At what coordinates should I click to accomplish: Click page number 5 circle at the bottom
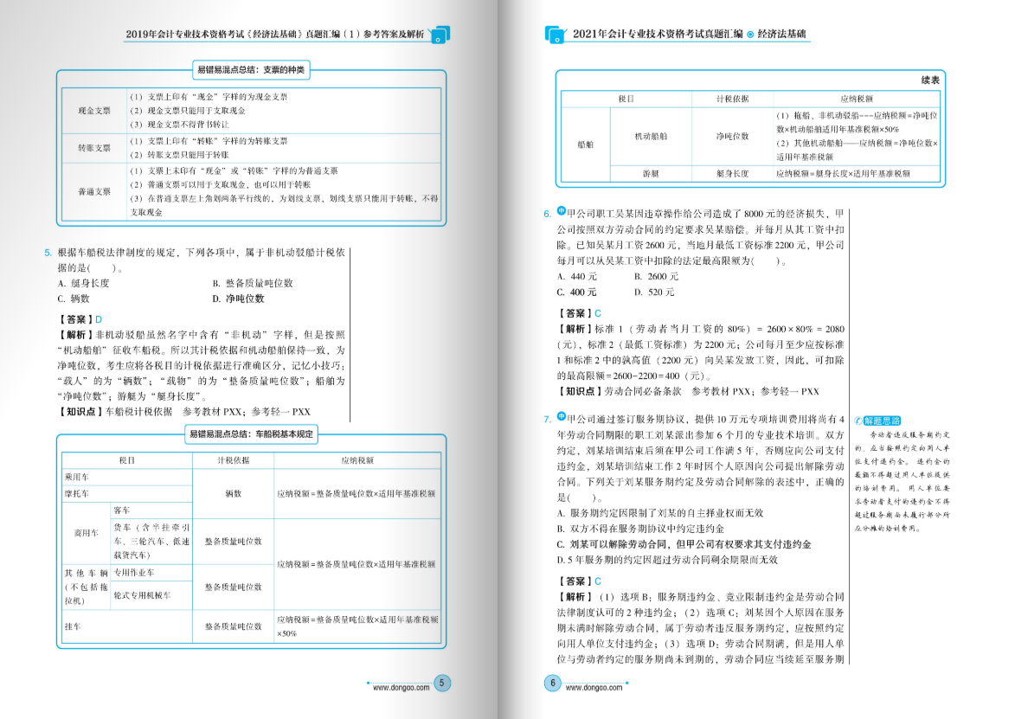442,684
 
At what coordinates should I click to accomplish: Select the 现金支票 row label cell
93,111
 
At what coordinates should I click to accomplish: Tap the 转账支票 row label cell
93,148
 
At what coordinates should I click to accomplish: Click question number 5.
48,253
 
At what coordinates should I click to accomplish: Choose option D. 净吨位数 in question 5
238,299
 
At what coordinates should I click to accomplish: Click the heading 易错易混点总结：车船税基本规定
252,433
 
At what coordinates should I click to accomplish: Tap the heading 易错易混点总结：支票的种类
251,69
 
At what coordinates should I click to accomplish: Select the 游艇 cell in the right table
651,174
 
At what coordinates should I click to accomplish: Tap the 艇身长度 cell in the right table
732,174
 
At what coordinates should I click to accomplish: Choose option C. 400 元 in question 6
576,292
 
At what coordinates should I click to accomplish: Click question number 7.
547,420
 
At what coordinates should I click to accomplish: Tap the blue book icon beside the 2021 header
555,35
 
